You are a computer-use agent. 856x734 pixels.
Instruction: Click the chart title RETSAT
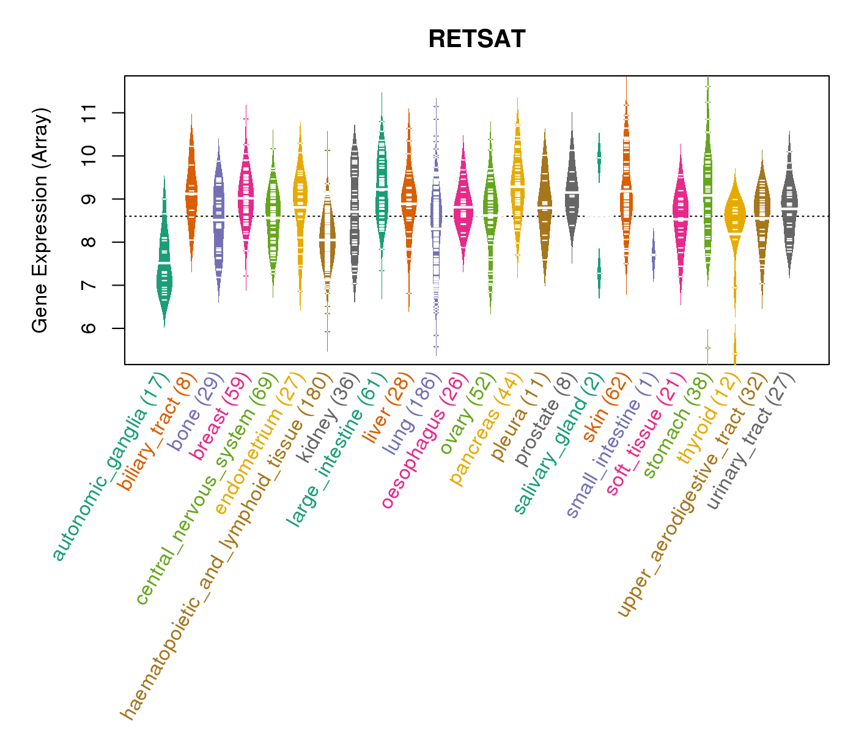[x=476, y=39]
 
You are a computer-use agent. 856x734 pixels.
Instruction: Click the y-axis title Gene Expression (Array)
[x=40, y=220]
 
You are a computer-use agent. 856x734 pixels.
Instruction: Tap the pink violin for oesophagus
[x=463, y=208]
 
